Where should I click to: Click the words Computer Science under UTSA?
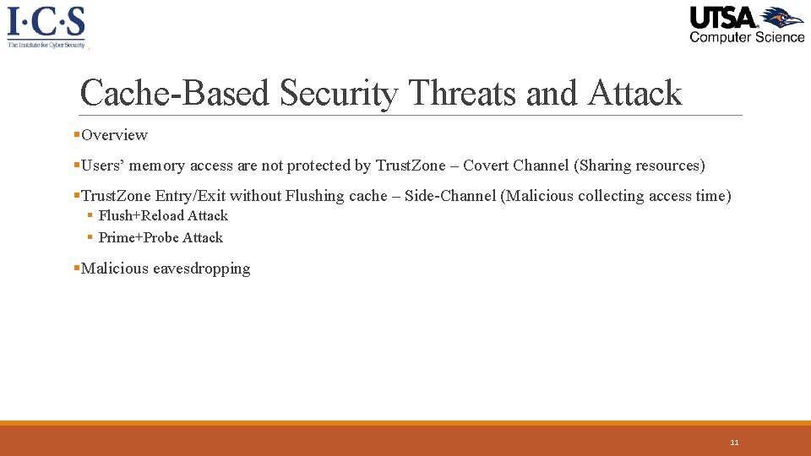747,36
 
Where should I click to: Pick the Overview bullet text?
114,135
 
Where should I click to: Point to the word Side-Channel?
450,196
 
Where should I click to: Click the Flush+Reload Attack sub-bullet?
163,216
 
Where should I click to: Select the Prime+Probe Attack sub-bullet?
161,238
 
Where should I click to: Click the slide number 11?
734,442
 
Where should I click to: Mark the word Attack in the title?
634,93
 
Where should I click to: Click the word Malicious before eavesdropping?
115,269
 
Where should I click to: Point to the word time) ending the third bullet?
713,196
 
